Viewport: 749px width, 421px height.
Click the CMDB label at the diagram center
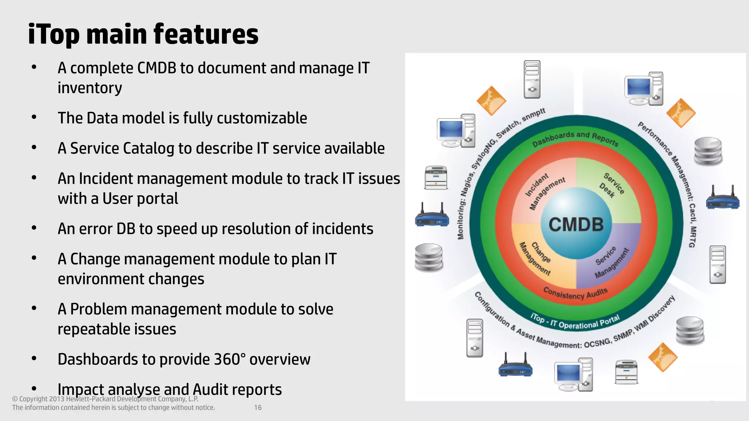[576, 224]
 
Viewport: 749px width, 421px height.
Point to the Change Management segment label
[536, 258]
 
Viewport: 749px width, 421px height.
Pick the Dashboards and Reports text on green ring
[575, 139]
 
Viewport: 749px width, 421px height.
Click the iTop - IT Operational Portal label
[575, 322]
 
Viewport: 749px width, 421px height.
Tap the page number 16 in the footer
[258, 407]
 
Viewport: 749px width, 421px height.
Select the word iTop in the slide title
[54, 34]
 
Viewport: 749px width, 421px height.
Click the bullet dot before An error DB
[34, 228]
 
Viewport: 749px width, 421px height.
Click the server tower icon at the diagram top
[532, 79]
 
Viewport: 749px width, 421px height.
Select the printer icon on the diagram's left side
[436, 178]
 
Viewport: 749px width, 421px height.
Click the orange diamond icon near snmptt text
[491, 100]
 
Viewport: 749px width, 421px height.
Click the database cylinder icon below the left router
[429, 258]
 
